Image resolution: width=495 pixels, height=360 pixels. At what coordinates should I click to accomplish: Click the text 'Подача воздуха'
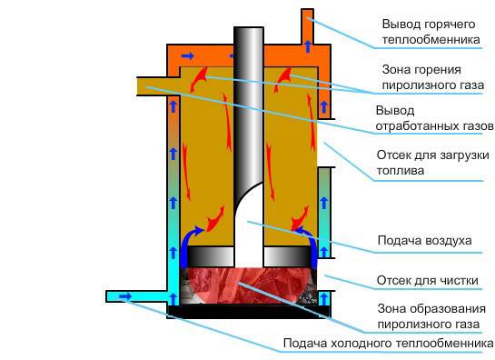(x=424, y=241)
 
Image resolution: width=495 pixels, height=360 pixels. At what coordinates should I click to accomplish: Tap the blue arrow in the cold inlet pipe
(x=124, y=296)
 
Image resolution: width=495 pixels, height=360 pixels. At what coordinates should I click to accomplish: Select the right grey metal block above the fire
(x=288, y=258)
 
